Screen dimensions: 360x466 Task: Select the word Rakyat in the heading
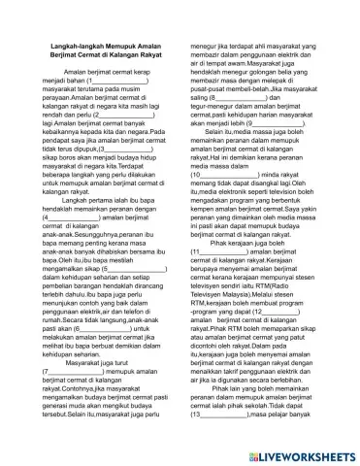pos(146,83)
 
